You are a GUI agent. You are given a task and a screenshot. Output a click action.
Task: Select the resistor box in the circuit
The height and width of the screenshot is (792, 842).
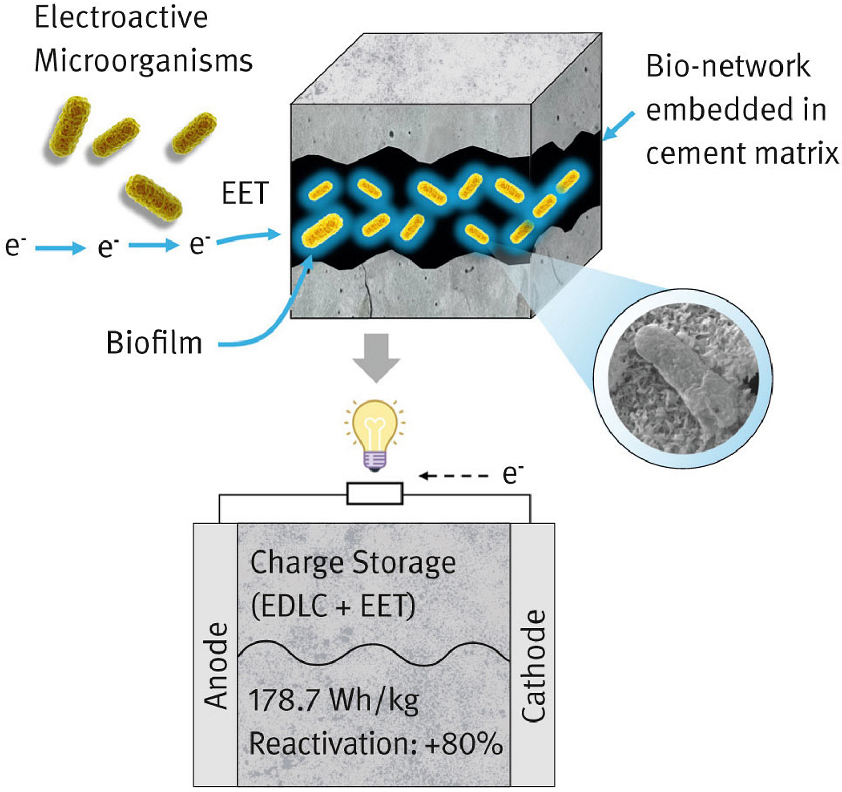(x=375, y=494)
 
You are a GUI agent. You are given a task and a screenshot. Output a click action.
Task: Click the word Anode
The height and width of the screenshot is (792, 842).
(x=216, y=666)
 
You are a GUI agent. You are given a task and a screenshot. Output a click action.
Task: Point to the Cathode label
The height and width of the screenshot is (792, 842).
(x=533, y=666)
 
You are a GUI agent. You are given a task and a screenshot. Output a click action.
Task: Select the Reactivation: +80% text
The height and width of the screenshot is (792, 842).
(x=376, y=744)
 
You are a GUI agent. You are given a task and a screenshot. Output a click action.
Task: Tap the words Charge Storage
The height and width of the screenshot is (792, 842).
(x=353, y=563)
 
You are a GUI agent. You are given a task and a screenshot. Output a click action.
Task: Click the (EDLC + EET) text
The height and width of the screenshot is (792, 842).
(x=333, y=606)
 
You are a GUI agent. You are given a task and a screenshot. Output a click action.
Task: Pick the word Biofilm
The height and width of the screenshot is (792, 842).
(x=154, y=343)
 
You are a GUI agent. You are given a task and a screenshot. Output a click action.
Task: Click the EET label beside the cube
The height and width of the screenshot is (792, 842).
(x=245, y=193)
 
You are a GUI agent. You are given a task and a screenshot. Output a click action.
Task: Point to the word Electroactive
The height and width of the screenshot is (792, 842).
(x=122, y=17)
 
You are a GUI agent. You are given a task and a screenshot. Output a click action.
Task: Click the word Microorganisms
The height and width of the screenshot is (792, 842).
(x=144, y=61)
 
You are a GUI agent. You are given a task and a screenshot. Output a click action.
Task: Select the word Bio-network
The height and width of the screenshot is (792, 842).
(x=728, y=66)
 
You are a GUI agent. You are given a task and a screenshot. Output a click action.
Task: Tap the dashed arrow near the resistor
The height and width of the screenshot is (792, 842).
(x=454, y=476)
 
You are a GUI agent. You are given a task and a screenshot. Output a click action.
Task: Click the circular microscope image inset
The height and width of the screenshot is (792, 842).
(x=683, y=378)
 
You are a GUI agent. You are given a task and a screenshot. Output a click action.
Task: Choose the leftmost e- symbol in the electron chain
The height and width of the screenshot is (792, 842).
(x=15, y=246)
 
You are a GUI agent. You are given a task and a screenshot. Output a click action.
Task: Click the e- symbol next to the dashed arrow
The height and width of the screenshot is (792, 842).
(x=513, y=474)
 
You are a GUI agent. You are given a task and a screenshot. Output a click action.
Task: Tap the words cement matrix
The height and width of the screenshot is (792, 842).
(x=742, y=154)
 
